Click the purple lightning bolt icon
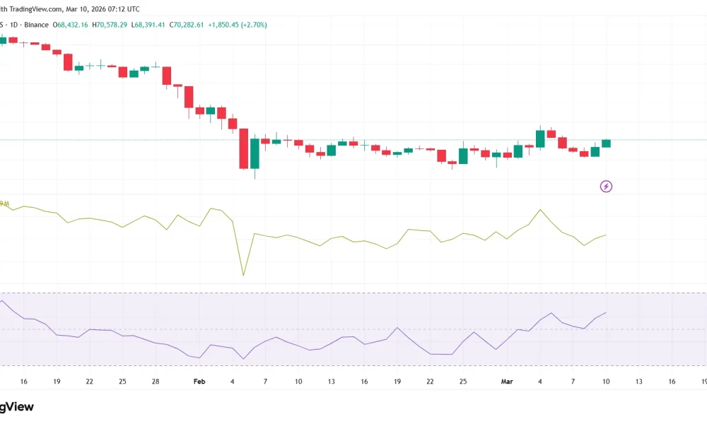click(x=606, y=187)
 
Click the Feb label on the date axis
click(x=199, y=382)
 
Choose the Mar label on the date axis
click(x=507, y=382)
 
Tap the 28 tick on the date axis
click(x=155, y=382)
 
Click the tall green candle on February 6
click(x=255, y=153)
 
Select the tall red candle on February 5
click(x=244, y=148)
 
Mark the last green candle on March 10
click(x=606, y=143)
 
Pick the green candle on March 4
click(x=540, y=139)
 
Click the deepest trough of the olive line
click(x=243, y=275)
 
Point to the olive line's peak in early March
click(x=541, y=210)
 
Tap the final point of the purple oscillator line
click(x=606, y=312)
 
